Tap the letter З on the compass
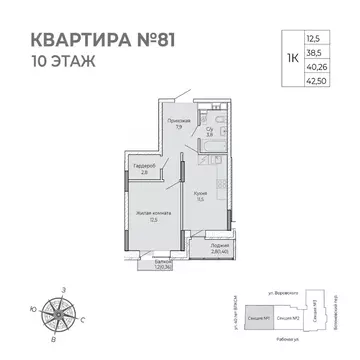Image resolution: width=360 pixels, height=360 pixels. (63, 289)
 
